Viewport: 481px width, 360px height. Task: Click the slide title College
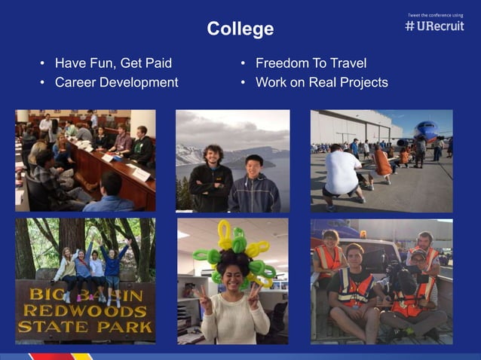[240, 29]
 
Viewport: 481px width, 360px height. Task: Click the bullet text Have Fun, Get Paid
[113, 63]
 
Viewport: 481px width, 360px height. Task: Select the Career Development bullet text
[117, 82]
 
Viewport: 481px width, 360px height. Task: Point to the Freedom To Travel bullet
[311, 63]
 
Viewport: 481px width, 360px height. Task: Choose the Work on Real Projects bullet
[321, 82]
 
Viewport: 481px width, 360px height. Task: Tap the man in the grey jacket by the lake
[254, 185]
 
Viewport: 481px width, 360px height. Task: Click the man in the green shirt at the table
[140, 146]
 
